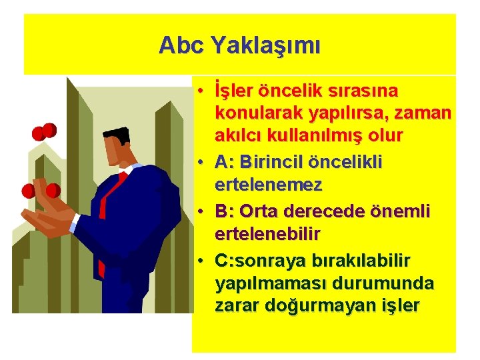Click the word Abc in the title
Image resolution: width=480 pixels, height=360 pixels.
pos(182,45)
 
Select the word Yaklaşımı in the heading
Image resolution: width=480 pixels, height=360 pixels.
pos(265,46)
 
